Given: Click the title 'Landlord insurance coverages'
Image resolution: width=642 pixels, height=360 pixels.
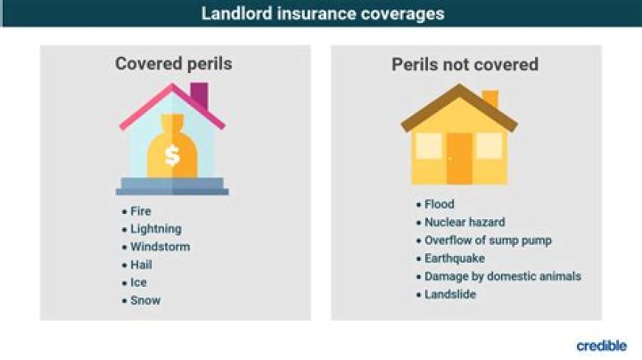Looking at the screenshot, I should pyautogui.click(x=321, y=13).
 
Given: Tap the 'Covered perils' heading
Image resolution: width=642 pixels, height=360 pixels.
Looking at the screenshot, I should pyautogui.click(x=174, y=64).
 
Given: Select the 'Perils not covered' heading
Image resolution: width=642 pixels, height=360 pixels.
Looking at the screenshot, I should pyautogui.click(x=465, y=64).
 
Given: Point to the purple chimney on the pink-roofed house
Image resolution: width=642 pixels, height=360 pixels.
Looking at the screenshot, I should pyautogui.click(x=199, y=94).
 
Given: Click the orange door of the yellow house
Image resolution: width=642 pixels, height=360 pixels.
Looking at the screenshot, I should pyautogui.click(x=459, y=158).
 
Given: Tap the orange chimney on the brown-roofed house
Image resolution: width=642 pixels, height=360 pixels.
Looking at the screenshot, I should pyautogui.click(x=490, y=98).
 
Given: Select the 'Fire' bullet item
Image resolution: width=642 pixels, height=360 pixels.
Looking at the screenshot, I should pyautogui.click(x=141, y=211).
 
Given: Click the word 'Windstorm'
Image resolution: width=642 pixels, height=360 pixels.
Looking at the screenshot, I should pyautogui.click(x=160, y=247).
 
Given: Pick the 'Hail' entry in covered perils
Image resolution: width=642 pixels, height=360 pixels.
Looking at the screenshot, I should pyautogui.click(x=141, y=265).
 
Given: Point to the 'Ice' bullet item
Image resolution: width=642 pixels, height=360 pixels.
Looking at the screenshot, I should pyautogui.click(x=139, y=282).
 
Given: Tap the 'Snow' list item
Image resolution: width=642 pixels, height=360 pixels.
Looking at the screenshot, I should pyautogui.click(x=145, y=300).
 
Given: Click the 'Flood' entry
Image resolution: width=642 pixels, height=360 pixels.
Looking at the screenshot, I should pyautogui.click(x=439, y=205).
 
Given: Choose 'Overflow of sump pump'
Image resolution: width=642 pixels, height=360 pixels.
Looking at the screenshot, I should pyautogui.click(x=488, y=241).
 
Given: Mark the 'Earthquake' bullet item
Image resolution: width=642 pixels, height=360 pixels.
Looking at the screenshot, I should pyautogui.click(x=454, y=258).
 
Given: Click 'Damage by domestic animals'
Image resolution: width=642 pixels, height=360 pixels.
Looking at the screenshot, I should pyautogui.click(x=502, y=276).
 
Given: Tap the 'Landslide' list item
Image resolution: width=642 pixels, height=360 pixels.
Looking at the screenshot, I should pyautogui.click(x=449, y=294).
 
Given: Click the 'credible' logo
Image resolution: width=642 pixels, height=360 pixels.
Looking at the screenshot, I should pyautogui.click(x=601, y=346).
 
